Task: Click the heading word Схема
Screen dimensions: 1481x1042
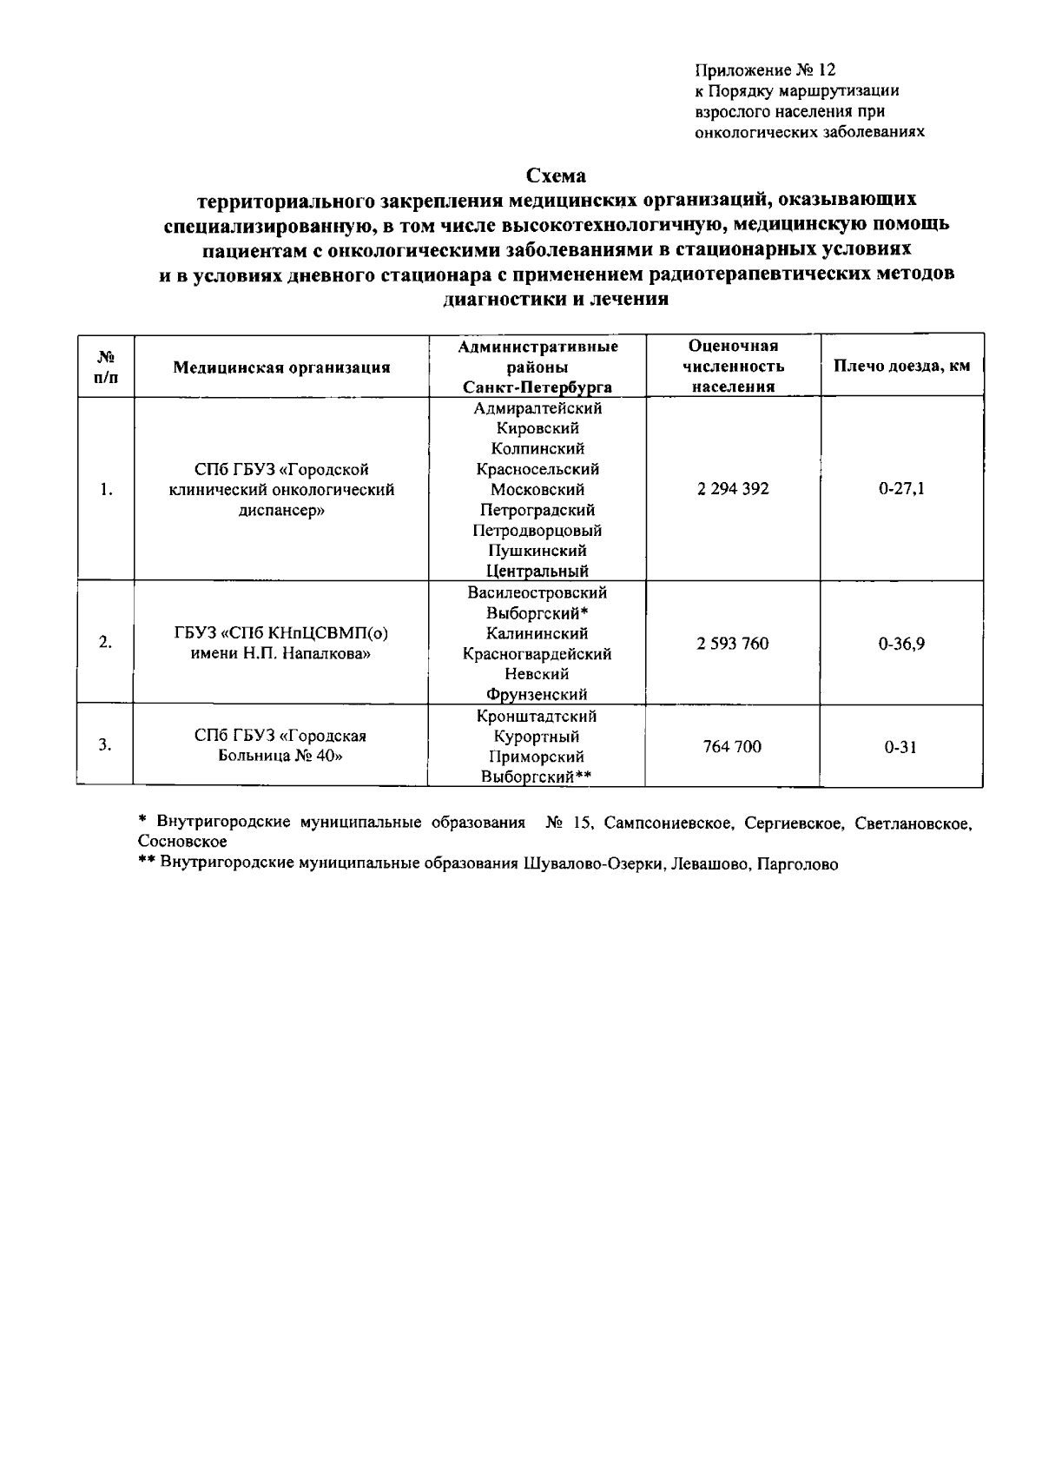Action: [557, 175]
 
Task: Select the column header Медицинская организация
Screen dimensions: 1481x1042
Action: [281, 367]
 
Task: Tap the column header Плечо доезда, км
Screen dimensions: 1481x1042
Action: [901, 366]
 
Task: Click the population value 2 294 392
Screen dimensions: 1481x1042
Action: [732, 489]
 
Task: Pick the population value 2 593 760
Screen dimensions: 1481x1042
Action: [732, 644]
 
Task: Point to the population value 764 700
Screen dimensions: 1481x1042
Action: [732, 746]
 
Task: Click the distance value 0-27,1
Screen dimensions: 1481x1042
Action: [901, 489]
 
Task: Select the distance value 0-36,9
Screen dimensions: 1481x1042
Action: [901, 644]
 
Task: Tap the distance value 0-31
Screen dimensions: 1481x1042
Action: [901, 746]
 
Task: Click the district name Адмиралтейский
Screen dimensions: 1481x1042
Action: [537, 408]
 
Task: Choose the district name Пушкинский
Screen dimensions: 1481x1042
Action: [537, 551]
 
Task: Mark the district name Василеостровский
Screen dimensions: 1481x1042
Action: [537, 593]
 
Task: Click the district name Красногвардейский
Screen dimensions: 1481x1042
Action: [537, 654]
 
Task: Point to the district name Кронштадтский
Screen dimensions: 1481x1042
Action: [537, 717]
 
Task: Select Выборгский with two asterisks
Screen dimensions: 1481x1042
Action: [537, 777]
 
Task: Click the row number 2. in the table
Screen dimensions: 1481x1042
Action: [105, 644]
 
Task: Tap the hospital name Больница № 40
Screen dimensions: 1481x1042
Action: [280, 757]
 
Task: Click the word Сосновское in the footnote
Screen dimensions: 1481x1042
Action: [182, 842]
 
